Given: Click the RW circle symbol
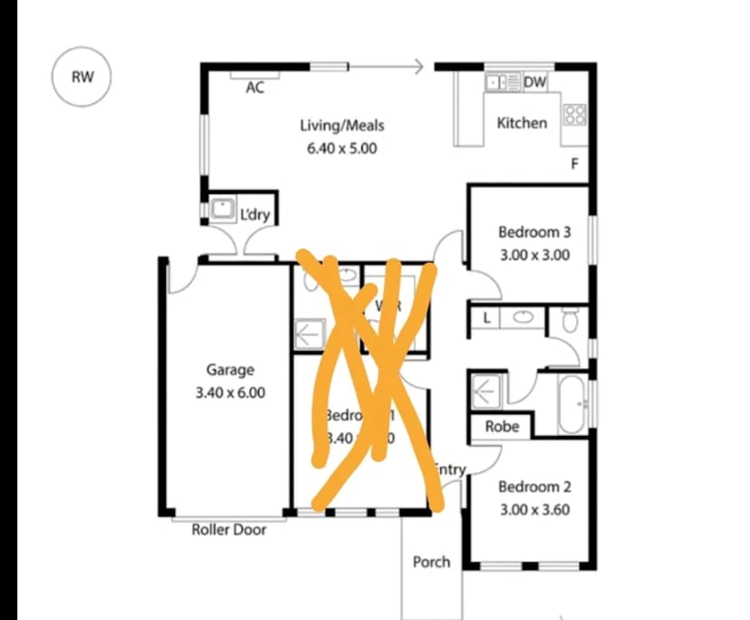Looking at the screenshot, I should click(82, 76).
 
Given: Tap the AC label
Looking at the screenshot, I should click(255, 87).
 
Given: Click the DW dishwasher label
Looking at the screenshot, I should click(535, 83).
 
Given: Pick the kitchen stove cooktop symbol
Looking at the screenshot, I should click(574, 115).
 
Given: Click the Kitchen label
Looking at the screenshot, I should click(522, 122).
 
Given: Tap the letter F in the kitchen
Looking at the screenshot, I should click(573, 164).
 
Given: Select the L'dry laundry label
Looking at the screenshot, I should click(255, 215).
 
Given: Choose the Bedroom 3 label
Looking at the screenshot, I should click(534, 233).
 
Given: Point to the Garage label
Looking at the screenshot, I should click(230, 370).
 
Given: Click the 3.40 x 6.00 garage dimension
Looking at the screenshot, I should click(230, 392).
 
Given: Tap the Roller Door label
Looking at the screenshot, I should click(229, 529).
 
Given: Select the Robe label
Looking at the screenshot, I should click(502, 425).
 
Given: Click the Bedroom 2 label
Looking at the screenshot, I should click(534, 487).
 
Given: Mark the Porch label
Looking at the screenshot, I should click(431, 561).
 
